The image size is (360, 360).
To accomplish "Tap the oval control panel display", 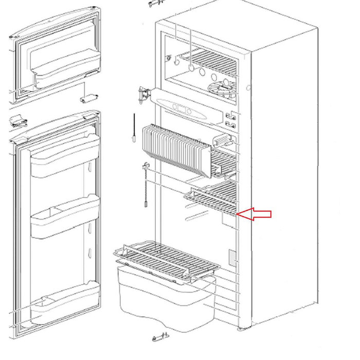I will tap(183, 109).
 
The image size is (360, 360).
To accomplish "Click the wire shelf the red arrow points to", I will tap(213, 200).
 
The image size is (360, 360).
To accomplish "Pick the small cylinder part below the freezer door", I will tap(88, 97).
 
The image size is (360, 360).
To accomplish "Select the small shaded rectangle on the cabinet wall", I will tap(232, 256).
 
